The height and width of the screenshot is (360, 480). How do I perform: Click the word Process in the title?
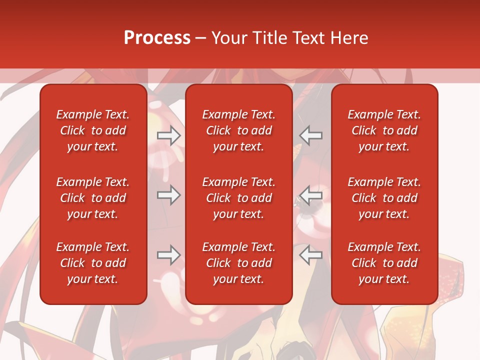(x=157, y=38)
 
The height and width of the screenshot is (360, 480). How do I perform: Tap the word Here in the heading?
(x=348, y=38)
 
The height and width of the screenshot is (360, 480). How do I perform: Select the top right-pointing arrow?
(x=168, y=135)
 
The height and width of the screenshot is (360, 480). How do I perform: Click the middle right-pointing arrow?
(x=168, y=195)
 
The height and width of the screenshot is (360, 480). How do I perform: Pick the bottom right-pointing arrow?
(x=168, y=255)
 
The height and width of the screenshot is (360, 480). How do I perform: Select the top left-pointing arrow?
(x=311, y=135)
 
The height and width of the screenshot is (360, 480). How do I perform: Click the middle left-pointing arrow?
(x=311, y=195)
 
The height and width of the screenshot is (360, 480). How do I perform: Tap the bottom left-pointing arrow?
(x=311, y=255)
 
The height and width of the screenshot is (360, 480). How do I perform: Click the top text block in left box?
(x=93, y=130)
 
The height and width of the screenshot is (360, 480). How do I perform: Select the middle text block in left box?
(x=93, y=198)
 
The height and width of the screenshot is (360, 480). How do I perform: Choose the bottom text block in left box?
(x=93, y=263)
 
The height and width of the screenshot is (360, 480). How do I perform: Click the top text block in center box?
(x=239, y=130)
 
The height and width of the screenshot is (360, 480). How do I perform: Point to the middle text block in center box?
(x=239, y=198)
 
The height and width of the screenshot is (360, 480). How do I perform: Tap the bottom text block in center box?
(x=239, y=263)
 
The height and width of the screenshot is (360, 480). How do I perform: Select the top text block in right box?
(x=384, y=130)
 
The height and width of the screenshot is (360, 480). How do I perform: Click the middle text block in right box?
(x=384, y=198)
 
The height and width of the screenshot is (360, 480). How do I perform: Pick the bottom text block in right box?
(x=384, y=263)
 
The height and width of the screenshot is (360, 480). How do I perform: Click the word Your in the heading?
(x=229, y=38)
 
